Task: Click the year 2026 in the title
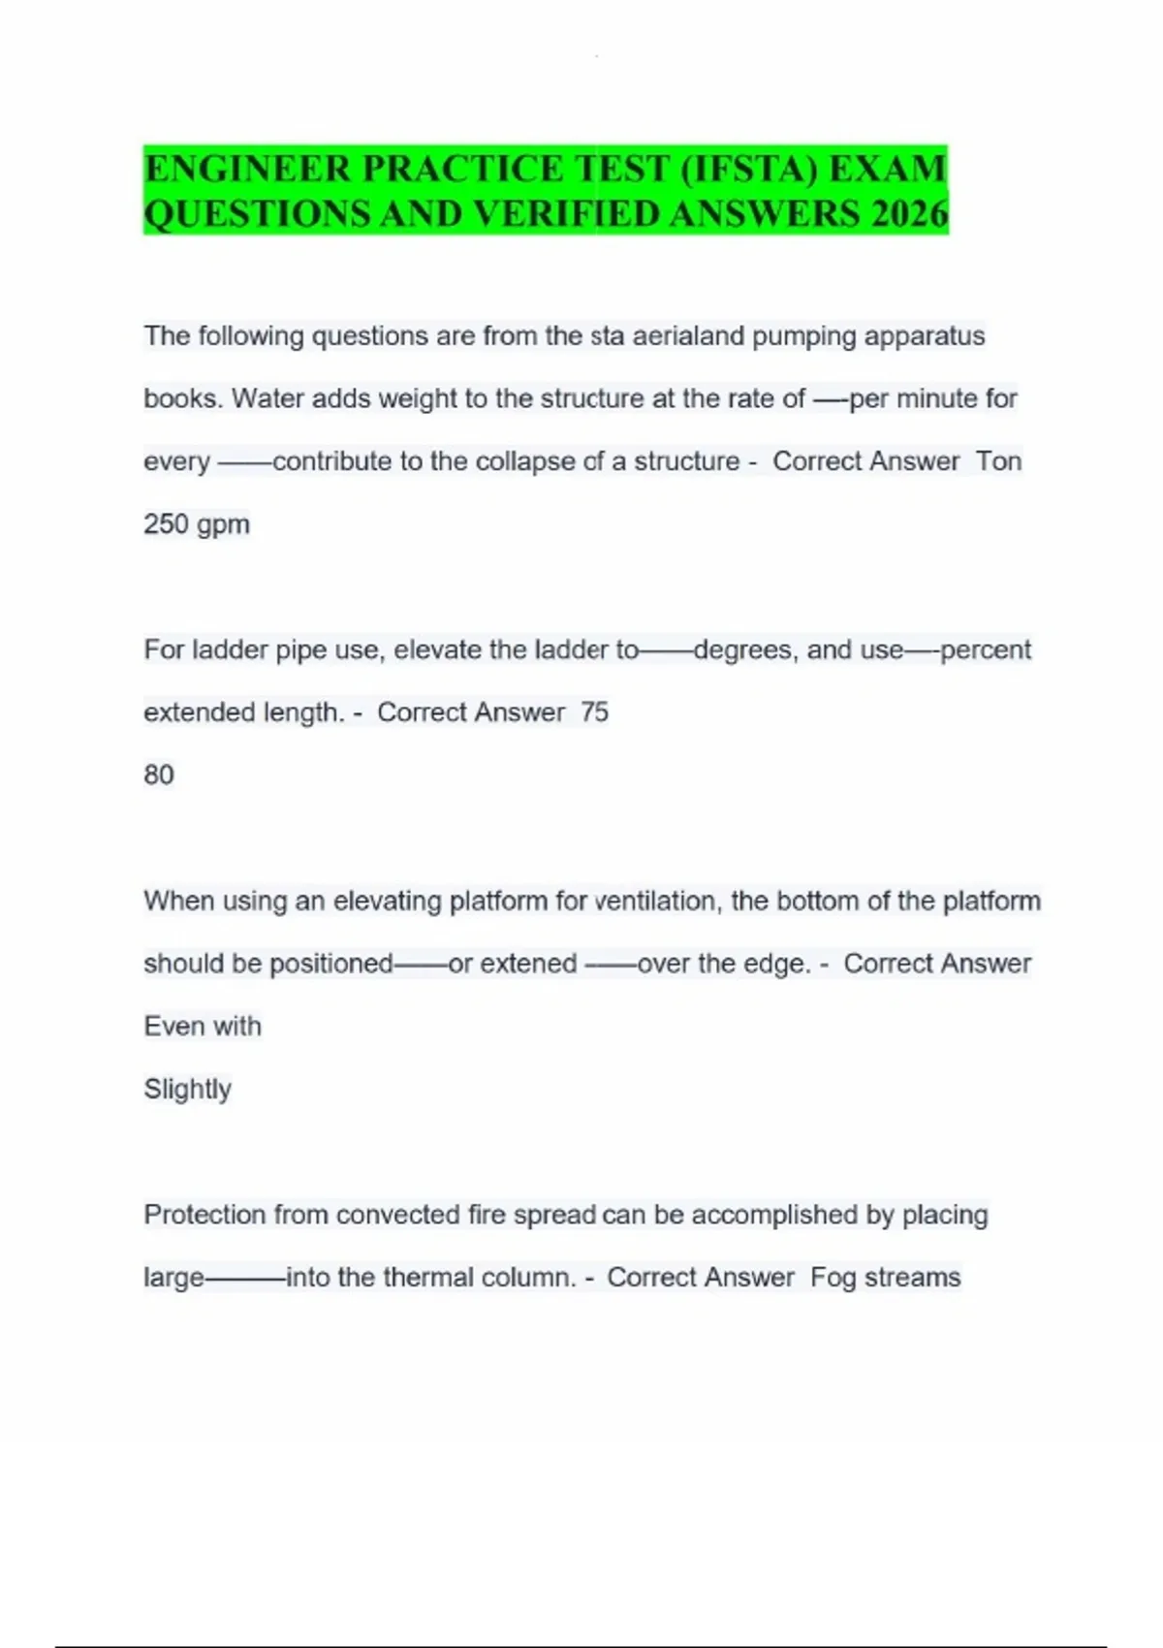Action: pyautogui.click(x=909, y=213)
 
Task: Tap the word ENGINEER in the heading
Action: pyautogui.click(x=247, y=169)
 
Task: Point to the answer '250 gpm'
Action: pyautogui.click(x=197, y=524)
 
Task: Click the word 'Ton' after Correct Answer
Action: pyautogui.click(x=998, y=461)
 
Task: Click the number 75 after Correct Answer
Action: pyautogui.click(x=594, y=713)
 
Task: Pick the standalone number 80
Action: pyautogui.click(x=159, y=776)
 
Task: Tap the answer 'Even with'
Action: pyautogui.click(x=203, y=1027)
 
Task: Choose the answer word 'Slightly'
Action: pyautogui.click(x=187, y=1090)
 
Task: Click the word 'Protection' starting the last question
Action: pyautogui.click(x=204, y=1215)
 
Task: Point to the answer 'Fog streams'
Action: pyautogui.click(x=885, y=1278)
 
